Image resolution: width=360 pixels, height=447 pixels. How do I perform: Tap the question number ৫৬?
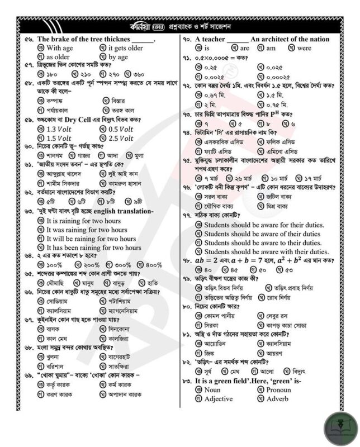[x=26, y=40]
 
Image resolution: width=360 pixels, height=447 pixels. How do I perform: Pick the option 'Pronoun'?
[x=278, y=390]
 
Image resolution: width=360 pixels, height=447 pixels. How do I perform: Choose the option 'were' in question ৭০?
[x=304, y=49]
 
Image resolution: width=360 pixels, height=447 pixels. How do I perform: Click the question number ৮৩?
[x=186, y=381]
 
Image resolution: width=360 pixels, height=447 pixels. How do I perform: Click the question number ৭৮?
[x=187, y=261]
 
